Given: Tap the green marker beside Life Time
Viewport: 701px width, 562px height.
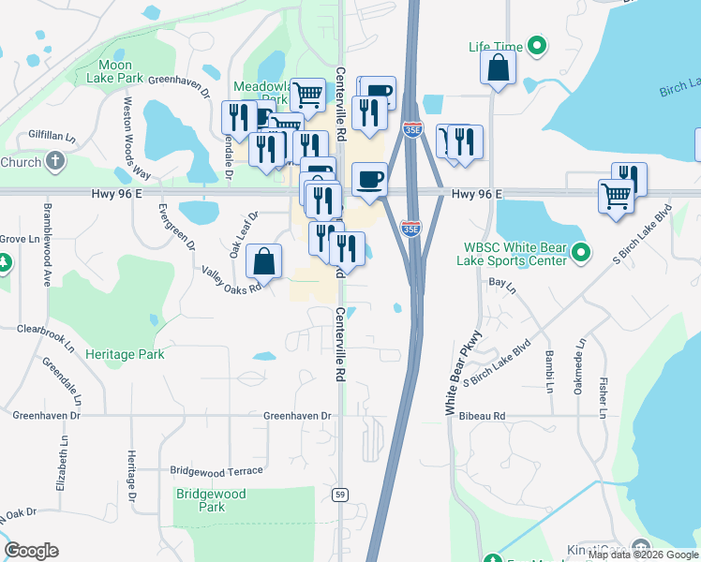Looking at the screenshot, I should [x=537, y=45].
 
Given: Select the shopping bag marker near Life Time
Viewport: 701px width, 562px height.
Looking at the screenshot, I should [x=498, y=68].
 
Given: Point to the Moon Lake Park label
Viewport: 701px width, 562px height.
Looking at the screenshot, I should [x=121, y=71].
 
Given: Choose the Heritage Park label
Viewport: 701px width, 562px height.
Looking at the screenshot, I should [x=125, y=355].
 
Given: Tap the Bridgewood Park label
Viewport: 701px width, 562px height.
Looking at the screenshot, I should [x=211, y=500].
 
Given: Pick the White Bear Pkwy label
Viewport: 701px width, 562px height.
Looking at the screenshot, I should [x=463, y=373].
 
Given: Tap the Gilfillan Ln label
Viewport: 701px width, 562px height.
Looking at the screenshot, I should [x=52, y=136].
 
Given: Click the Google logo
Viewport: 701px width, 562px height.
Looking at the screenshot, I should [x=31, y=551].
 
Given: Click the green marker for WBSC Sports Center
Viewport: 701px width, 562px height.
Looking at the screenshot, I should [x=581, y=253].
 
